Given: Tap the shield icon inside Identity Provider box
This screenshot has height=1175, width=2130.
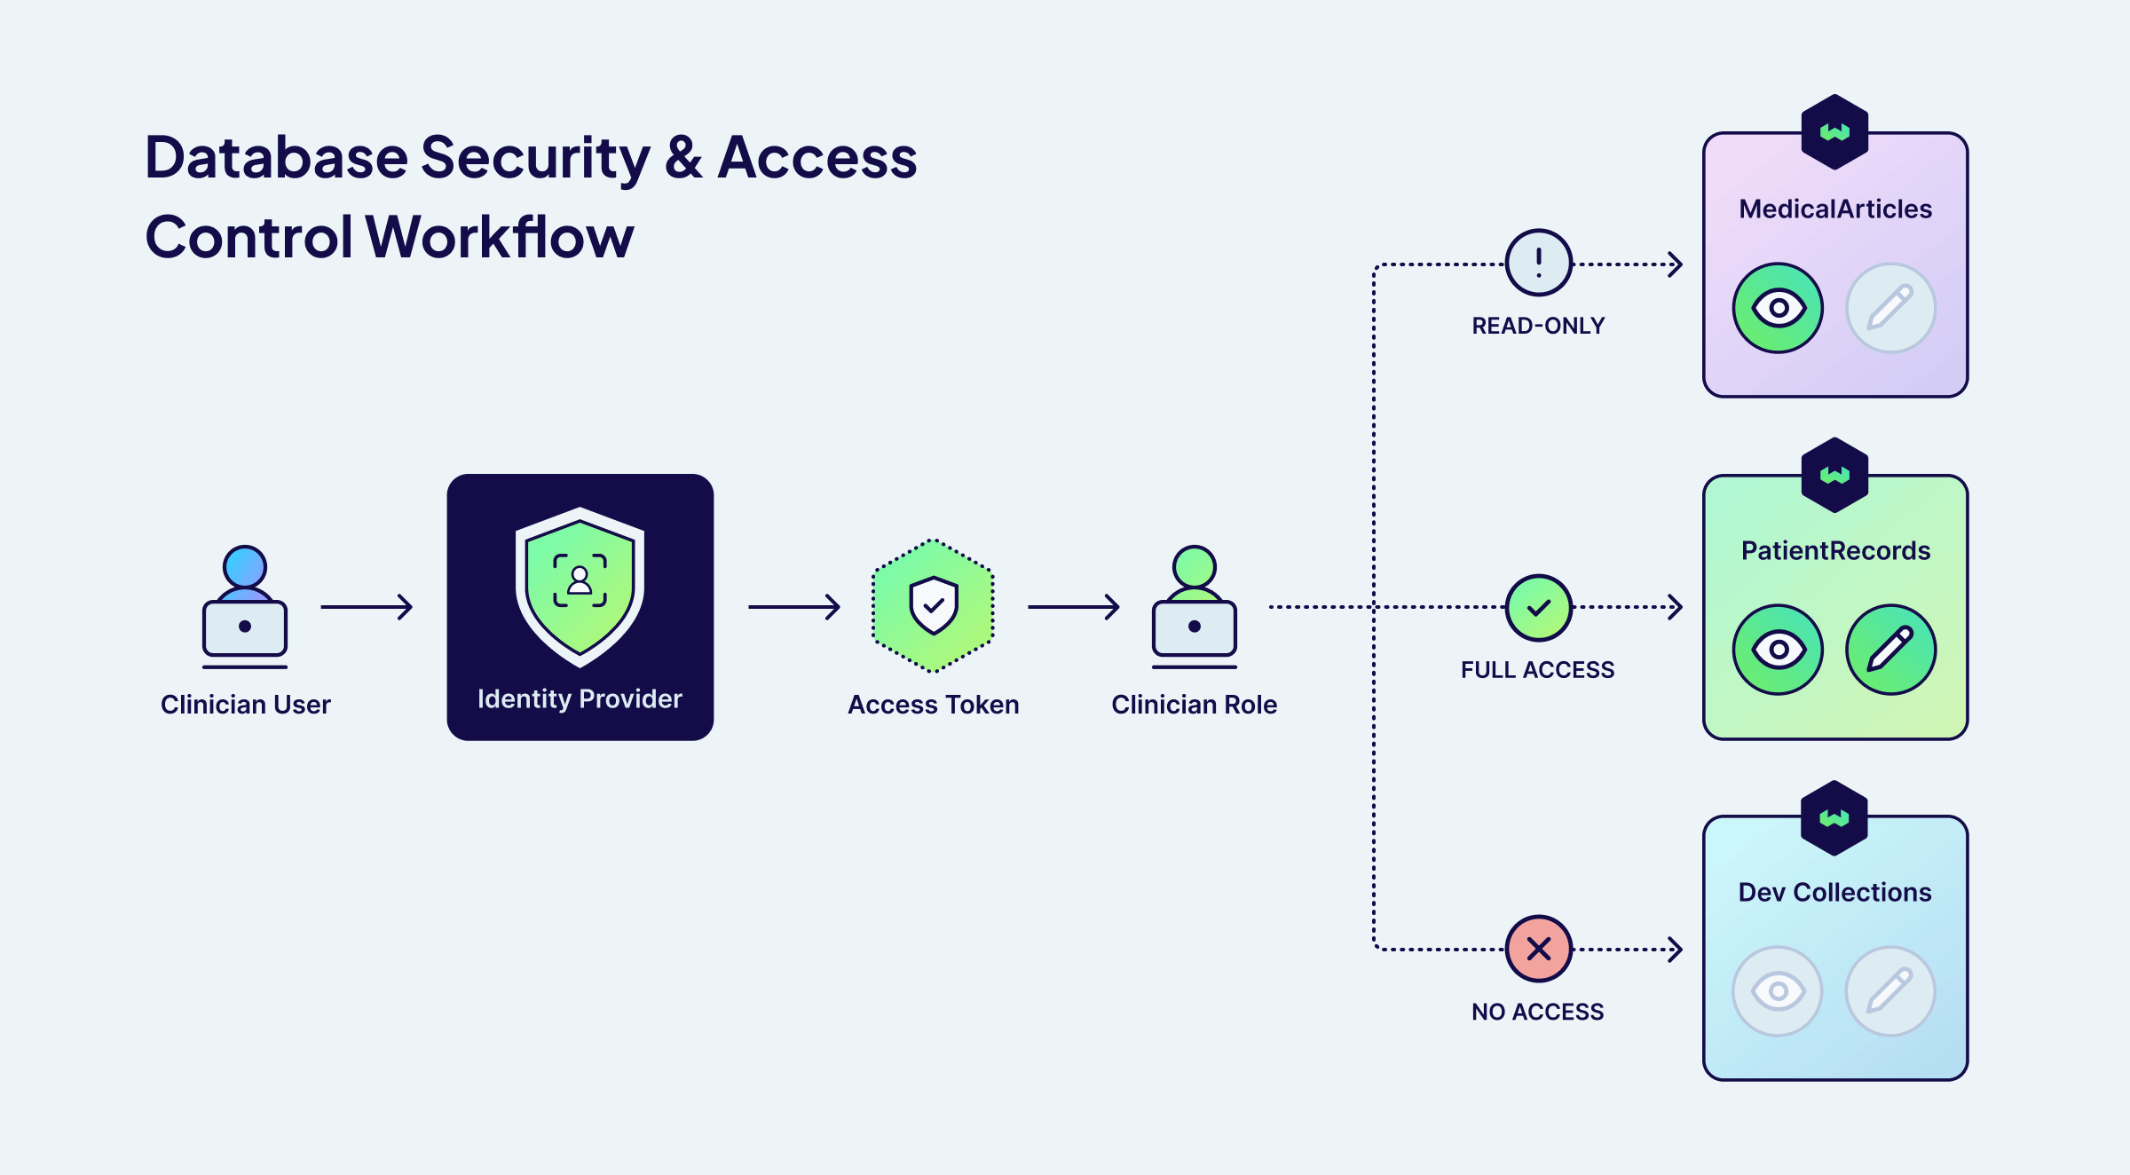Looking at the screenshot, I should click(580, 586).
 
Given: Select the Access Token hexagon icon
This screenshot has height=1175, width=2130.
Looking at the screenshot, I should click(933, 605).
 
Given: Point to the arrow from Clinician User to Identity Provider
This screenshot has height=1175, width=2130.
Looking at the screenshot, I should click(367, 607).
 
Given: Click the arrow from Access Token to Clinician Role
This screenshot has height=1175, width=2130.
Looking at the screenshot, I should click(1073, 607).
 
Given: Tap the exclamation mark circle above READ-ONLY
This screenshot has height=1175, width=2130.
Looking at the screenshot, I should click(1538, 263).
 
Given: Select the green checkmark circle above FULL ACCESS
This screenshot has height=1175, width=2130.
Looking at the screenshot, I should click(1538, 608).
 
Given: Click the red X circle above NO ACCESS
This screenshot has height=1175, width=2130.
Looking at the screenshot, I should click(1538, 949).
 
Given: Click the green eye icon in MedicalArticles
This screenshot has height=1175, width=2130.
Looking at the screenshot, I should click(1778, 308).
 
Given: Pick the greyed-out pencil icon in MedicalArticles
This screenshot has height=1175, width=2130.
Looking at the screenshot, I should click(1890, 308).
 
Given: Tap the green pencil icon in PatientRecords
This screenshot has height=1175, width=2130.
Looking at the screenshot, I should click(1890, 650).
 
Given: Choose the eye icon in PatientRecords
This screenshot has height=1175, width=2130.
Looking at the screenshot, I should click(1778, 650).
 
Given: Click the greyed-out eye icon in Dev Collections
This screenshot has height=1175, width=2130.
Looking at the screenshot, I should click(1778, 991).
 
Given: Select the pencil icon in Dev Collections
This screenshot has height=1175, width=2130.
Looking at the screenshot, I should click(1890, 991).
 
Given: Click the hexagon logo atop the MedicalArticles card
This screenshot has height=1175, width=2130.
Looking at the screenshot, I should click(1834, 132).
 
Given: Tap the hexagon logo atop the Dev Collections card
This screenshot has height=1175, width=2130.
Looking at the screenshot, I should click(1834, 818).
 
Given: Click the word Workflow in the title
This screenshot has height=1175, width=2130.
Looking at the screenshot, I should click(500, 237).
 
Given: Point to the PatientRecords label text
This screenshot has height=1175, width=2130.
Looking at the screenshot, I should click(1835, 551).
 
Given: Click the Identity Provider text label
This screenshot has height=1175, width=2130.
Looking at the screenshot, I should click(580, 699).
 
